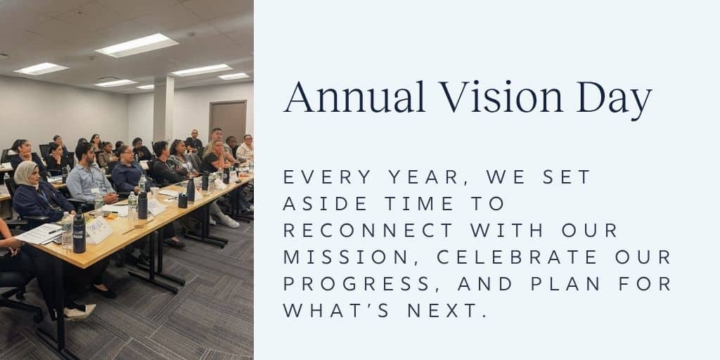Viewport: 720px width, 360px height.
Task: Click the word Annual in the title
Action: (x=354, y=97)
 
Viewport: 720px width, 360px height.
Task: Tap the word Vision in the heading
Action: (x=501, y=97)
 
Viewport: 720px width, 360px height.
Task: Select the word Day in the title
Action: (x=615, y=101)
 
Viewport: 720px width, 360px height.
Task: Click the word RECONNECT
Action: (x=368, y=231)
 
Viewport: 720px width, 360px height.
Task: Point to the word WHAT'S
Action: (x=337, y=310)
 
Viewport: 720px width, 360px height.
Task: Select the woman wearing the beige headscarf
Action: (x=39, y=194)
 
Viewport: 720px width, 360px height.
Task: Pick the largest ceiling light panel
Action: (x=137, y=46)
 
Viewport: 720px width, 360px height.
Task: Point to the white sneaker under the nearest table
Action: (x=80, y=311)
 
